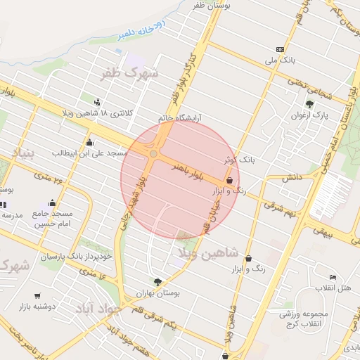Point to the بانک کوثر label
(x=237, y=161)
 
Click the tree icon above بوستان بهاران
(x=157, y=282)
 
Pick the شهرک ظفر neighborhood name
(x=131, y=73)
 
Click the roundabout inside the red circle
(x=153, y=153)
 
